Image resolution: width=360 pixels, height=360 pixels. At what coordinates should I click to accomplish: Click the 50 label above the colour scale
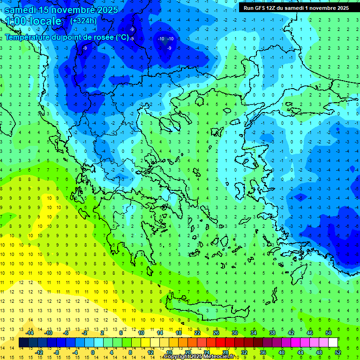(x=329, y=333)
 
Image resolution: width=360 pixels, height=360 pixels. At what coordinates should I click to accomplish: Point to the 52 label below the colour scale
(x=338, y=352)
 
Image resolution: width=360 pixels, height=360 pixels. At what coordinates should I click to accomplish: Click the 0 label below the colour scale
(x=92, y=352)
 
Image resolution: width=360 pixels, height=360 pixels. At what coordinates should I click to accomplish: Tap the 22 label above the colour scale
(x=197, y=333)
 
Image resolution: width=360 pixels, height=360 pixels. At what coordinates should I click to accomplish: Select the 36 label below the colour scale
(x=263, y=352)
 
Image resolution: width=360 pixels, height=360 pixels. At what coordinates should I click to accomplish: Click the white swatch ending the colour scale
(x=333, y=343)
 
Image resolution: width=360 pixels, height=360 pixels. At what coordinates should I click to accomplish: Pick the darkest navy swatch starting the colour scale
(x=23, y=343)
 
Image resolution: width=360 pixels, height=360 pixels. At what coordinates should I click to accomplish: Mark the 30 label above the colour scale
(x=235, y=333)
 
